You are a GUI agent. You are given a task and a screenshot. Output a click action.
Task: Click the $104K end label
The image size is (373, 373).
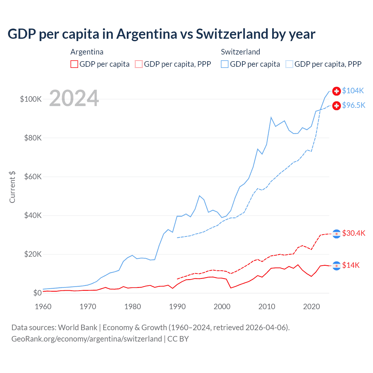pyautogui.click(x=353, y=91)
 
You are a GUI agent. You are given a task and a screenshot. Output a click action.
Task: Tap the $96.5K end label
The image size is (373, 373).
pyautogui.click(x=353, y=105)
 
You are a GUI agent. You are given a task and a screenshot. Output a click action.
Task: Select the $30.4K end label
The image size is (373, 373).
pyautogui.click(x=353, y=233)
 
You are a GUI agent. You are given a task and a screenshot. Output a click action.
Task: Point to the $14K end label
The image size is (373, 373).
pyautogui.click(x=351, y=265)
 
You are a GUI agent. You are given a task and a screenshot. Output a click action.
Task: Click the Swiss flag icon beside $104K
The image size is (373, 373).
pyautogui.click(x=337, y=91)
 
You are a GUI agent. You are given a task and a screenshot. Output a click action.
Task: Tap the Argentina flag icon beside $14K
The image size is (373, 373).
pyautogui.click(x=337, y=266)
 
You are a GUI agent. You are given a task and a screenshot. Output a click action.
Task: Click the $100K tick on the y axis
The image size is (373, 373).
pyautogui.click(x=31, y=99)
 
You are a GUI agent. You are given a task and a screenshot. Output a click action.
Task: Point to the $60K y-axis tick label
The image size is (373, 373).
pyautogui.click(x=33, y=177)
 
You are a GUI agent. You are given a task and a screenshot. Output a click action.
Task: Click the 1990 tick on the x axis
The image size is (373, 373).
pyautogui.click(x=177, y=307)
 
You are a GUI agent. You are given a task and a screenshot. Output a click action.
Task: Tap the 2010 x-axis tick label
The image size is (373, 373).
pyautogui.click(x=267, y=307)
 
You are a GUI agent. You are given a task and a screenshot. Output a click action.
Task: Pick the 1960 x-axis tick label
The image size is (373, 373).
pyautogui.click(x=43, y=307)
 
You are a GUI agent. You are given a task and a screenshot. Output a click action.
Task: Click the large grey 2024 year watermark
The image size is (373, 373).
pyautogui.click(x=74, y=98)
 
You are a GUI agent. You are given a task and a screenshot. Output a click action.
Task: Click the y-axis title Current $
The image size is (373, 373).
pyautogui.click(x=12, y=187)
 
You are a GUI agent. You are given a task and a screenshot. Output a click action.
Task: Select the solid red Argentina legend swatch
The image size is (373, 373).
pyautogui.click(x=74, y=64)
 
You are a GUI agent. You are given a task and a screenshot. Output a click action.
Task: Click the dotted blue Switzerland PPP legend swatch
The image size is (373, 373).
pyautogui.click(x=289, y=64)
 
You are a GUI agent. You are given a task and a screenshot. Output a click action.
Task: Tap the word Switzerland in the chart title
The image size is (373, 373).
pyautogui.click(x=232, y=34)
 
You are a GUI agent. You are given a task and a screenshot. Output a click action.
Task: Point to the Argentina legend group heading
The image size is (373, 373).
pyautogui.click(x=87, y=52)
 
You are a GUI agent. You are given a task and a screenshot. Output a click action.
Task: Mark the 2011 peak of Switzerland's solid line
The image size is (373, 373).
pyautogui.click(x=271, y=117)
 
